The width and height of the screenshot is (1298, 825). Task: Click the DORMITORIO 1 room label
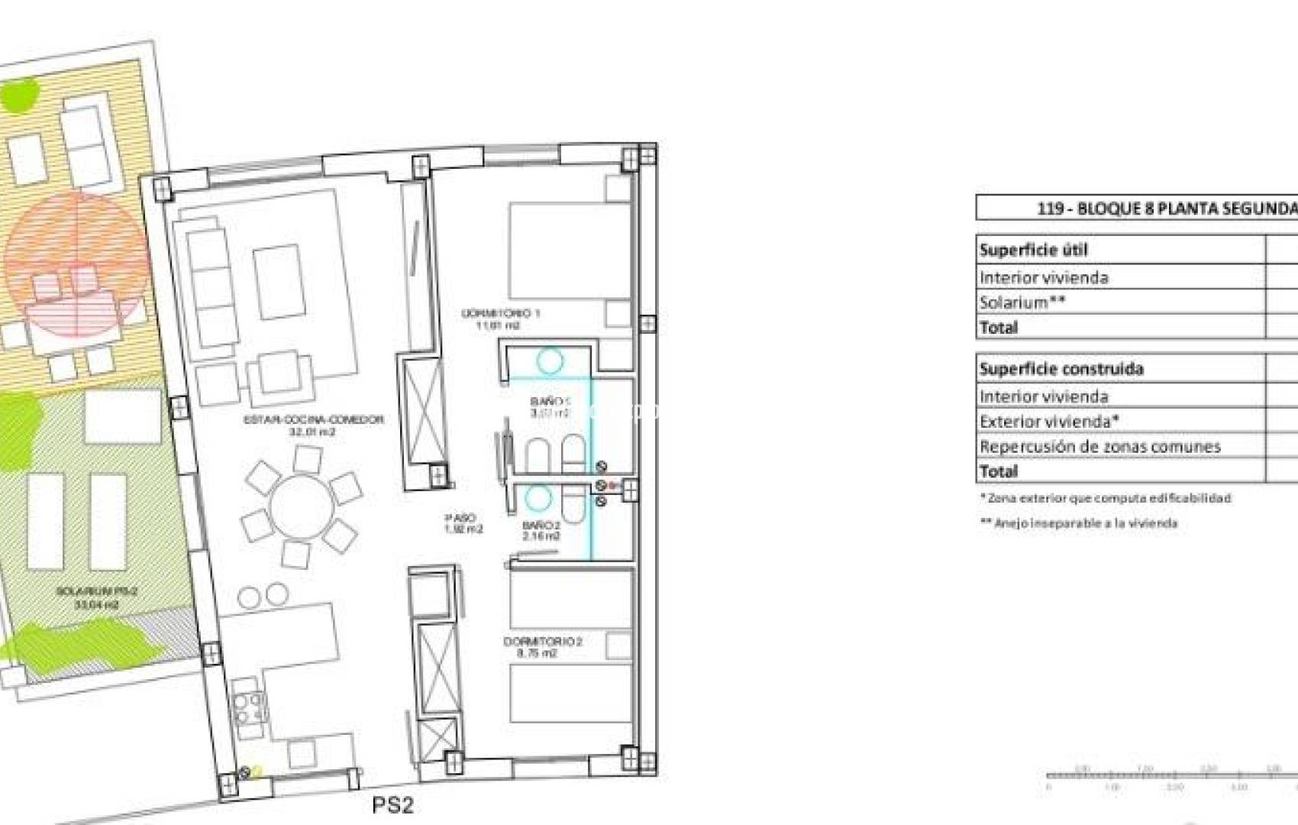(500, 319)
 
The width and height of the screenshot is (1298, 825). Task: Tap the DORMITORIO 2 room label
(543, 647)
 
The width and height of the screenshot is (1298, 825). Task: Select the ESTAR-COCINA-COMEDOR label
(313, 425)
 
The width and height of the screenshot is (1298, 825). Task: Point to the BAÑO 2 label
(541, 531)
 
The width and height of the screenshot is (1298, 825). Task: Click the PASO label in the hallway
(463, 523)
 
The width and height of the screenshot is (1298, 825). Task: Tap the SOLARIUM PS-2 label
(96, 597)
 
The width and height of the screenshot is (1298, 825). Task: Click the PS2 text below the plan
(392, 804)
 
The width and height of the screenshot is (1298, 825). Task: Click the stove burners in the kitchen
(249, 707)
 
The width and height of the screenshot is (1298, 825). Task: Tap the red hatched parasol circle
(76, 264)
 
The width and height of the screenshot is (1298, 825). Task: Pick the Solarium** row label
(1022, 302)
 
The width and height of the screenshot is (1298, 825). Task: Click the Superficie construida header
(1061, 369)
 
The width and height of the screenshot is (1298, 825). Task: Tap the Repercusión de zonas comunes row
(1099, 446)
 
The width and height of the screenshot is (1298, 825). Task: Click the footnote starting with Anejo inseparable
(1078, 523)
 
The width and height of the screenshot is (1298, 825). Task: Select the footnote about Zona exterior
(1105, 498)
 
